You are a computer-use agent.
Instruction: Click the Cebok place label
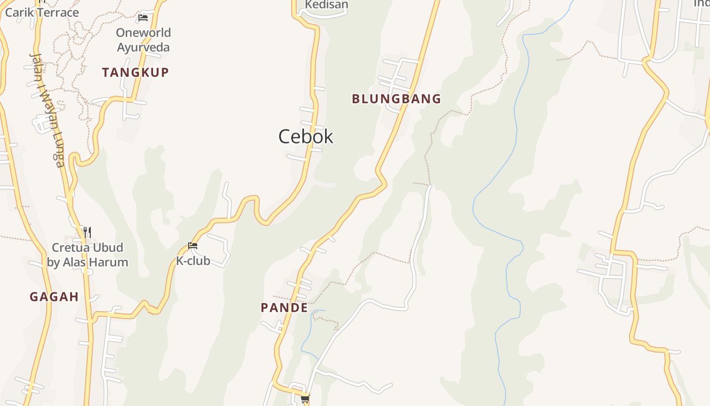(x=306, y=137)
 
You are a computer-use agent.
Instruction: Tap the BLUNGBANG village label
(x=397, y=98)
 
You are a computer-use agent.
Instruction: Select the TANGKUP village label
(x=135, y=73)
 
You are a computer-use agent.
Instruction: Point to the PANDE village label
(x=285, y=308)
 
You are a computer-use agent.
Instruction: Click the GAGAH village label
(x=54, y=297)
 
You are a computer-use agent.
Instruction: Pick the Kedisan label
(x=327, y=5)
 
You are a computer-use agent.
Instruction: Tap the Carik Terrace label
(x=42, y=12)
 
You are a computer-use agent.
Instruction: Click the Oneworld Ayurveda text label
(x=144, y=40)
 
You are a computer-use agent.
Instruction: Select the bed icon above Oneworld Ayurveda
(x=143, y=18)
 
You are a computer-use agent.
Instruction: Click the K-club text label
(x=193, y=261)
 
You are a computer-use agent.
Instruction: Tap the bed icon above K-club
(x=193, y=246)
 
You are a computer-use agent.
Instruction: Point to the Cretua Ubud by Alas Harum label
(x=88, y=255)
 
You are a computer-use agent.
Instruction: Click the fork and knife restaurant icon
(x=87, y=232)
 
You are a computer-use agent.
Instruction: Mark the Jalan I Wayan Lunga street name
(x=47, y=109)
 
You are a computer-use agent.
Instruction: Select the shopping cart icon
(x=305, y=399)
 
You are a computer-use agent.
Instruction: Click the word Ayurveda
(x=144, y=48)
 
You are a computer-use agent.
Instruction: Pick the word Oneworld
(x=144, y=33)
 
